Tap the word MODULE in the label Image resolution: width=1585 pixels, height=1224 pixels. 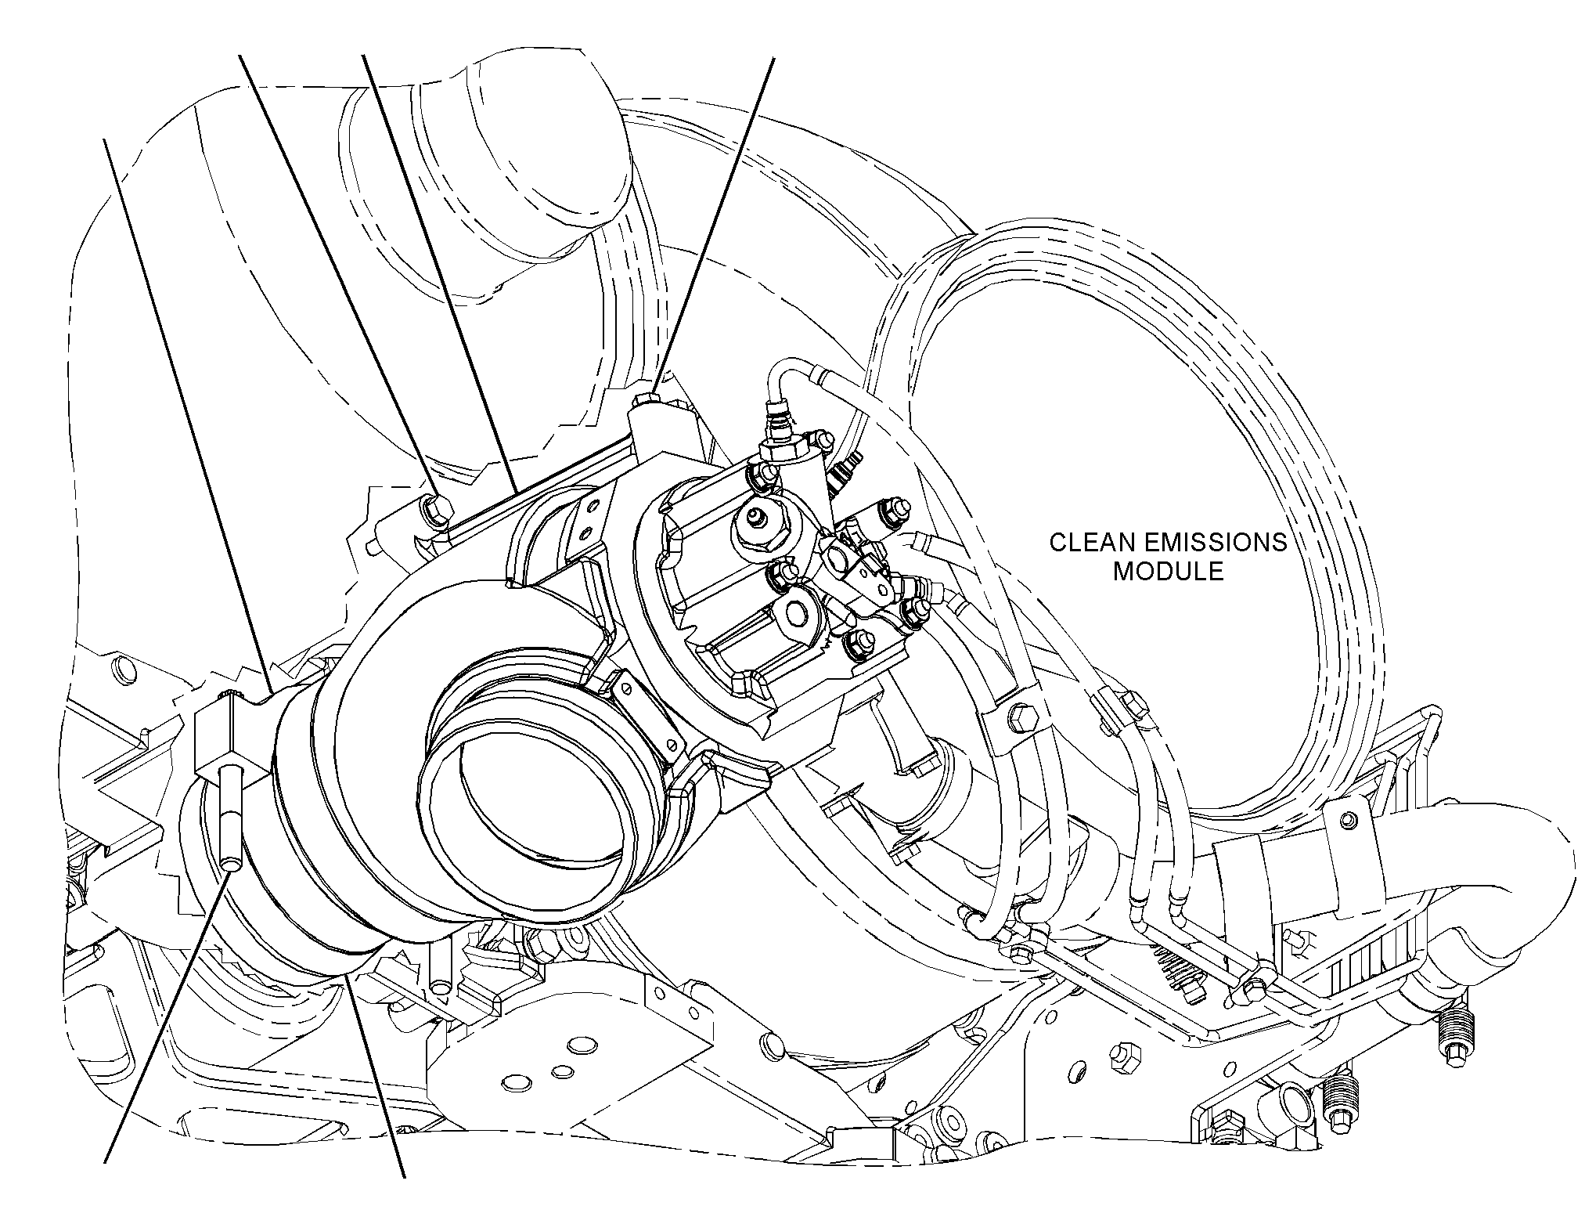1168,571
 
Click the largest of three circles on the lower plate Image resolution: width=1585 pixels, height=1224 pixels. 582,1045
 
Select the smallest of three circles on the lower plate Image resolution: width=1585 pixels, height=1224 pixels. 562,1071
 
